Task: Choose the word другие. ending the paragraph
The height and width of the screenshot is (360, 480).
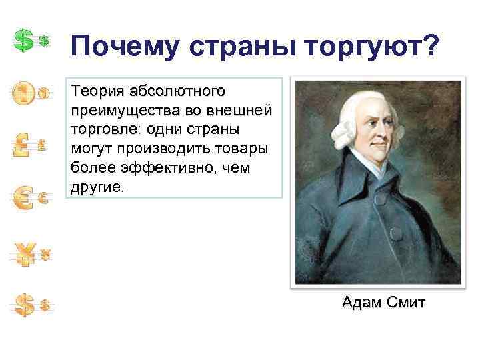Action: [97, 187]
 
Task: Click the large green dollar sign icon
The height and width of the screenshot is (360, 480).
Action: [24, 41]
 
